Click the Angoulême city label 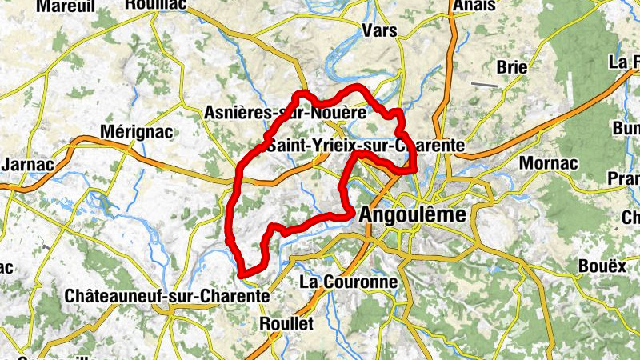point(414,214)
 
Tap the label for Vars point(379,31)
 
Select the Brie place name point(512,67)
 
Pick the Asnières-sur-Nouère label point(286,113)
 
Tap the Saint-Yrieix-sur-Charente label point(366,146)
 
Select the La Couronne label point(348,282)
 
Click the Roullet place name point(287,323)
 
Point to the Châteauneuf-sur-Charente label point(166,295)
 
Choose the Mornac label point(548,164)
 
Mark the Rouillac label point(156,4)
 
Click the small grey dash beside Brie point(484,84)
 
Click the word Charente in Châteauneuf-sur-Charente point(232,295)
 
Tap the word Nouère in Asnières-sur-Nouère point(339,113)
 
